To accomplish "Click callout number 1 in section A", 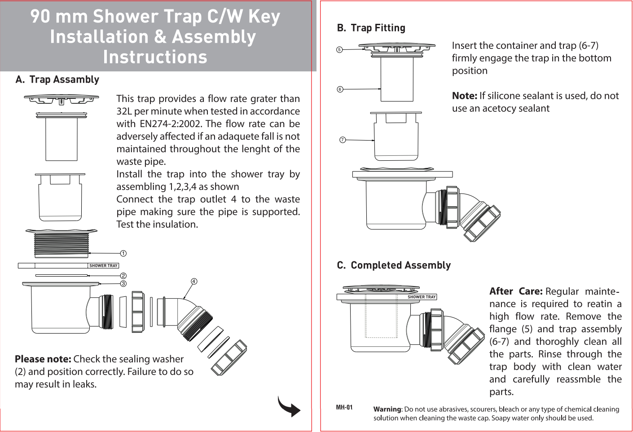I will [123, 254].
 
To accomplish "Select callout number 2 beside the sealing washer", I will [123, 276].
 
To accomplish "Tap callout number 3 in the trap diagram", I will [123, 284].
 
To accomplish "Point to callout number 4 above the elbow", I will [194, 282].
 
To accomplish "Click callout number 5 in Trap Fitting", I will [340, 49].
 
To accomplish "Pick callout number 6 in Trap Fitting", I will [340, 89].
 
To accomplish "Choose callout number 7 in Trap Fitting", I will [343, 140].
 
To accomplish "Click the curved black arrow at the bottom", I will [289, 406].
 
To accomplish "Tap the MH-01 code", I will [344, 407].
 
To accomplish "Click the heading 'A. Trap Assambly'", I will [57, 79].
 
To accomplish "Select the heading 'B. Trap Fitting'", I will [371, 28].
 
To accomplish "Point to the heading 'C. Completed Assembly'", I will [394, 265].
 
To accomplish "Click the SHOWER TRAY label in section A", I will [103, 266].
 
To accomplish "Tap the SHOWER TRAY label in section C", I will [422, 297].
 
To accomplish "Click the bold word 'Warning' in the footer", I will [387, 409].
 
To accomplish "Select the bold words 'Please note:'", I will [43, 359].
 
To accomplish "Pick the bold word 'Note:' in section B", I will [464, 96].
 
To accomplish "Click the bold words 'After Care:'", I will [516, 291].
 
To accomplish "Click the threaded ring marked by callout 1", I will [62, 245].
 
